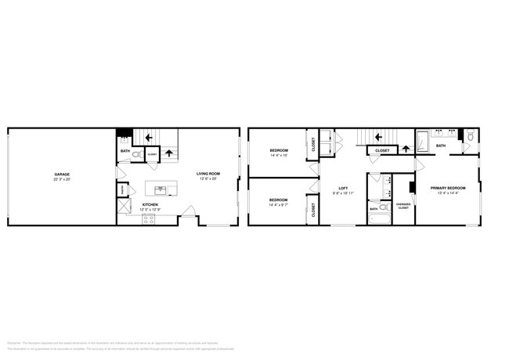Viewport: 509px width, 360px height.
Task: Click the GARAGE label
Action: pos(62,174)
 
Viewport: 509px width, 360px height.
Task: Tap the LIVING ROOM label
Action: pos(208,174)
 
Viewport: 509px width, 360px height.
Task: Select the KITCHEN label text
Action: pos(150,204)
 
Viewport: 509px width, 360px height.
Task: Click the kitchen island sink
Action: pos(160,189)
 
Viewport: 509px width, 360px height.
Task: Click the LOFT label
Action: pos(343,187)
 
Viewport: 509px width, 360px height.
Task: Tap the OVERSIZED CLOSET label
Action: pos(403,207)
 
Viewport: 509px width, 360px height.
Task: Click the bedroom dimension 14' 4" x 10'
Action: pos(279,156)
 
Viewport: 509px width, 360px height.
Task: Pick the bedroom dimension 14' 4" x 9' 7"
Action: pos(279,204)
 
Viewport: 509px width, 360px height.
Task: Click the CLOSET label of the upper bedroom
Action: pos(313,144)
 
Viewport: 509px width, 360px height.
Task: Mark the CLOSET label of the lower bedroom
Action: pos(313,209)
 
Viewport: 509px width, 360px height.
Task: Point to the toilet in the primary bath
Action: pos(471,138)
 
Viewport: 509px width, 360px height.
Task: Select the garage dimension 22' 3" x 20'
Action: pos(62,179)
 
